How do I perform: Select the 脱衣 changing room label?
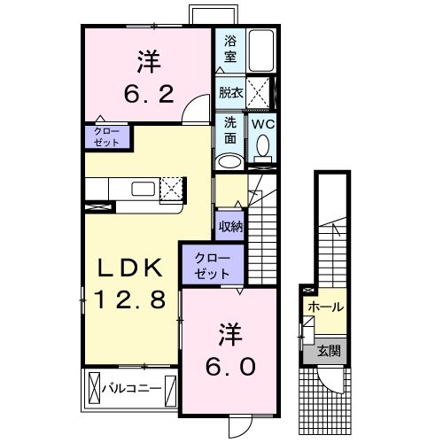click(229, 91)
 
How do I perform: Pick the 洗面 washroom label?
click(229, 131)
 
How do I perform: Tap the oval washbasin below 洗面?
click(229, 160)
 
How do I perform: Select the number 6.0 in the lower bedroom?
click(232, 365)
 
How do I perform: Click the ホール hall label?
click(325, 307)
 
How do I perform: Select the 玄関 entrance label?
click(329, 350)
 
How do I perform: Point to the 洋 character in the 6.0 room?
click(232, 334)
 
